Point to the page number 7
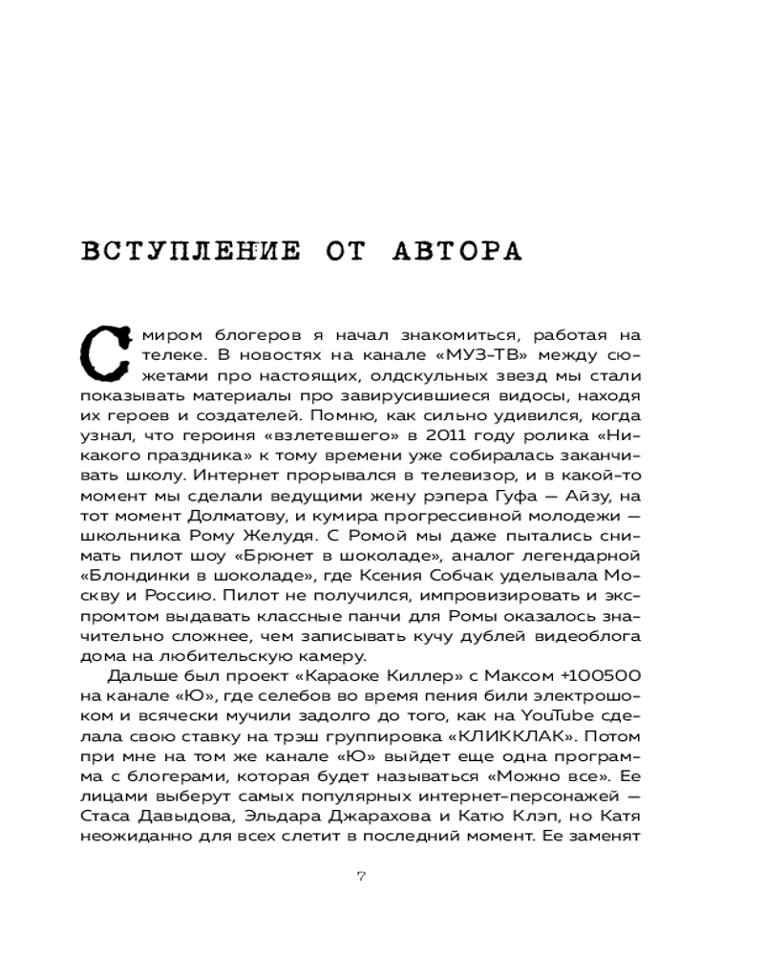click(x=361, y=877)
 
